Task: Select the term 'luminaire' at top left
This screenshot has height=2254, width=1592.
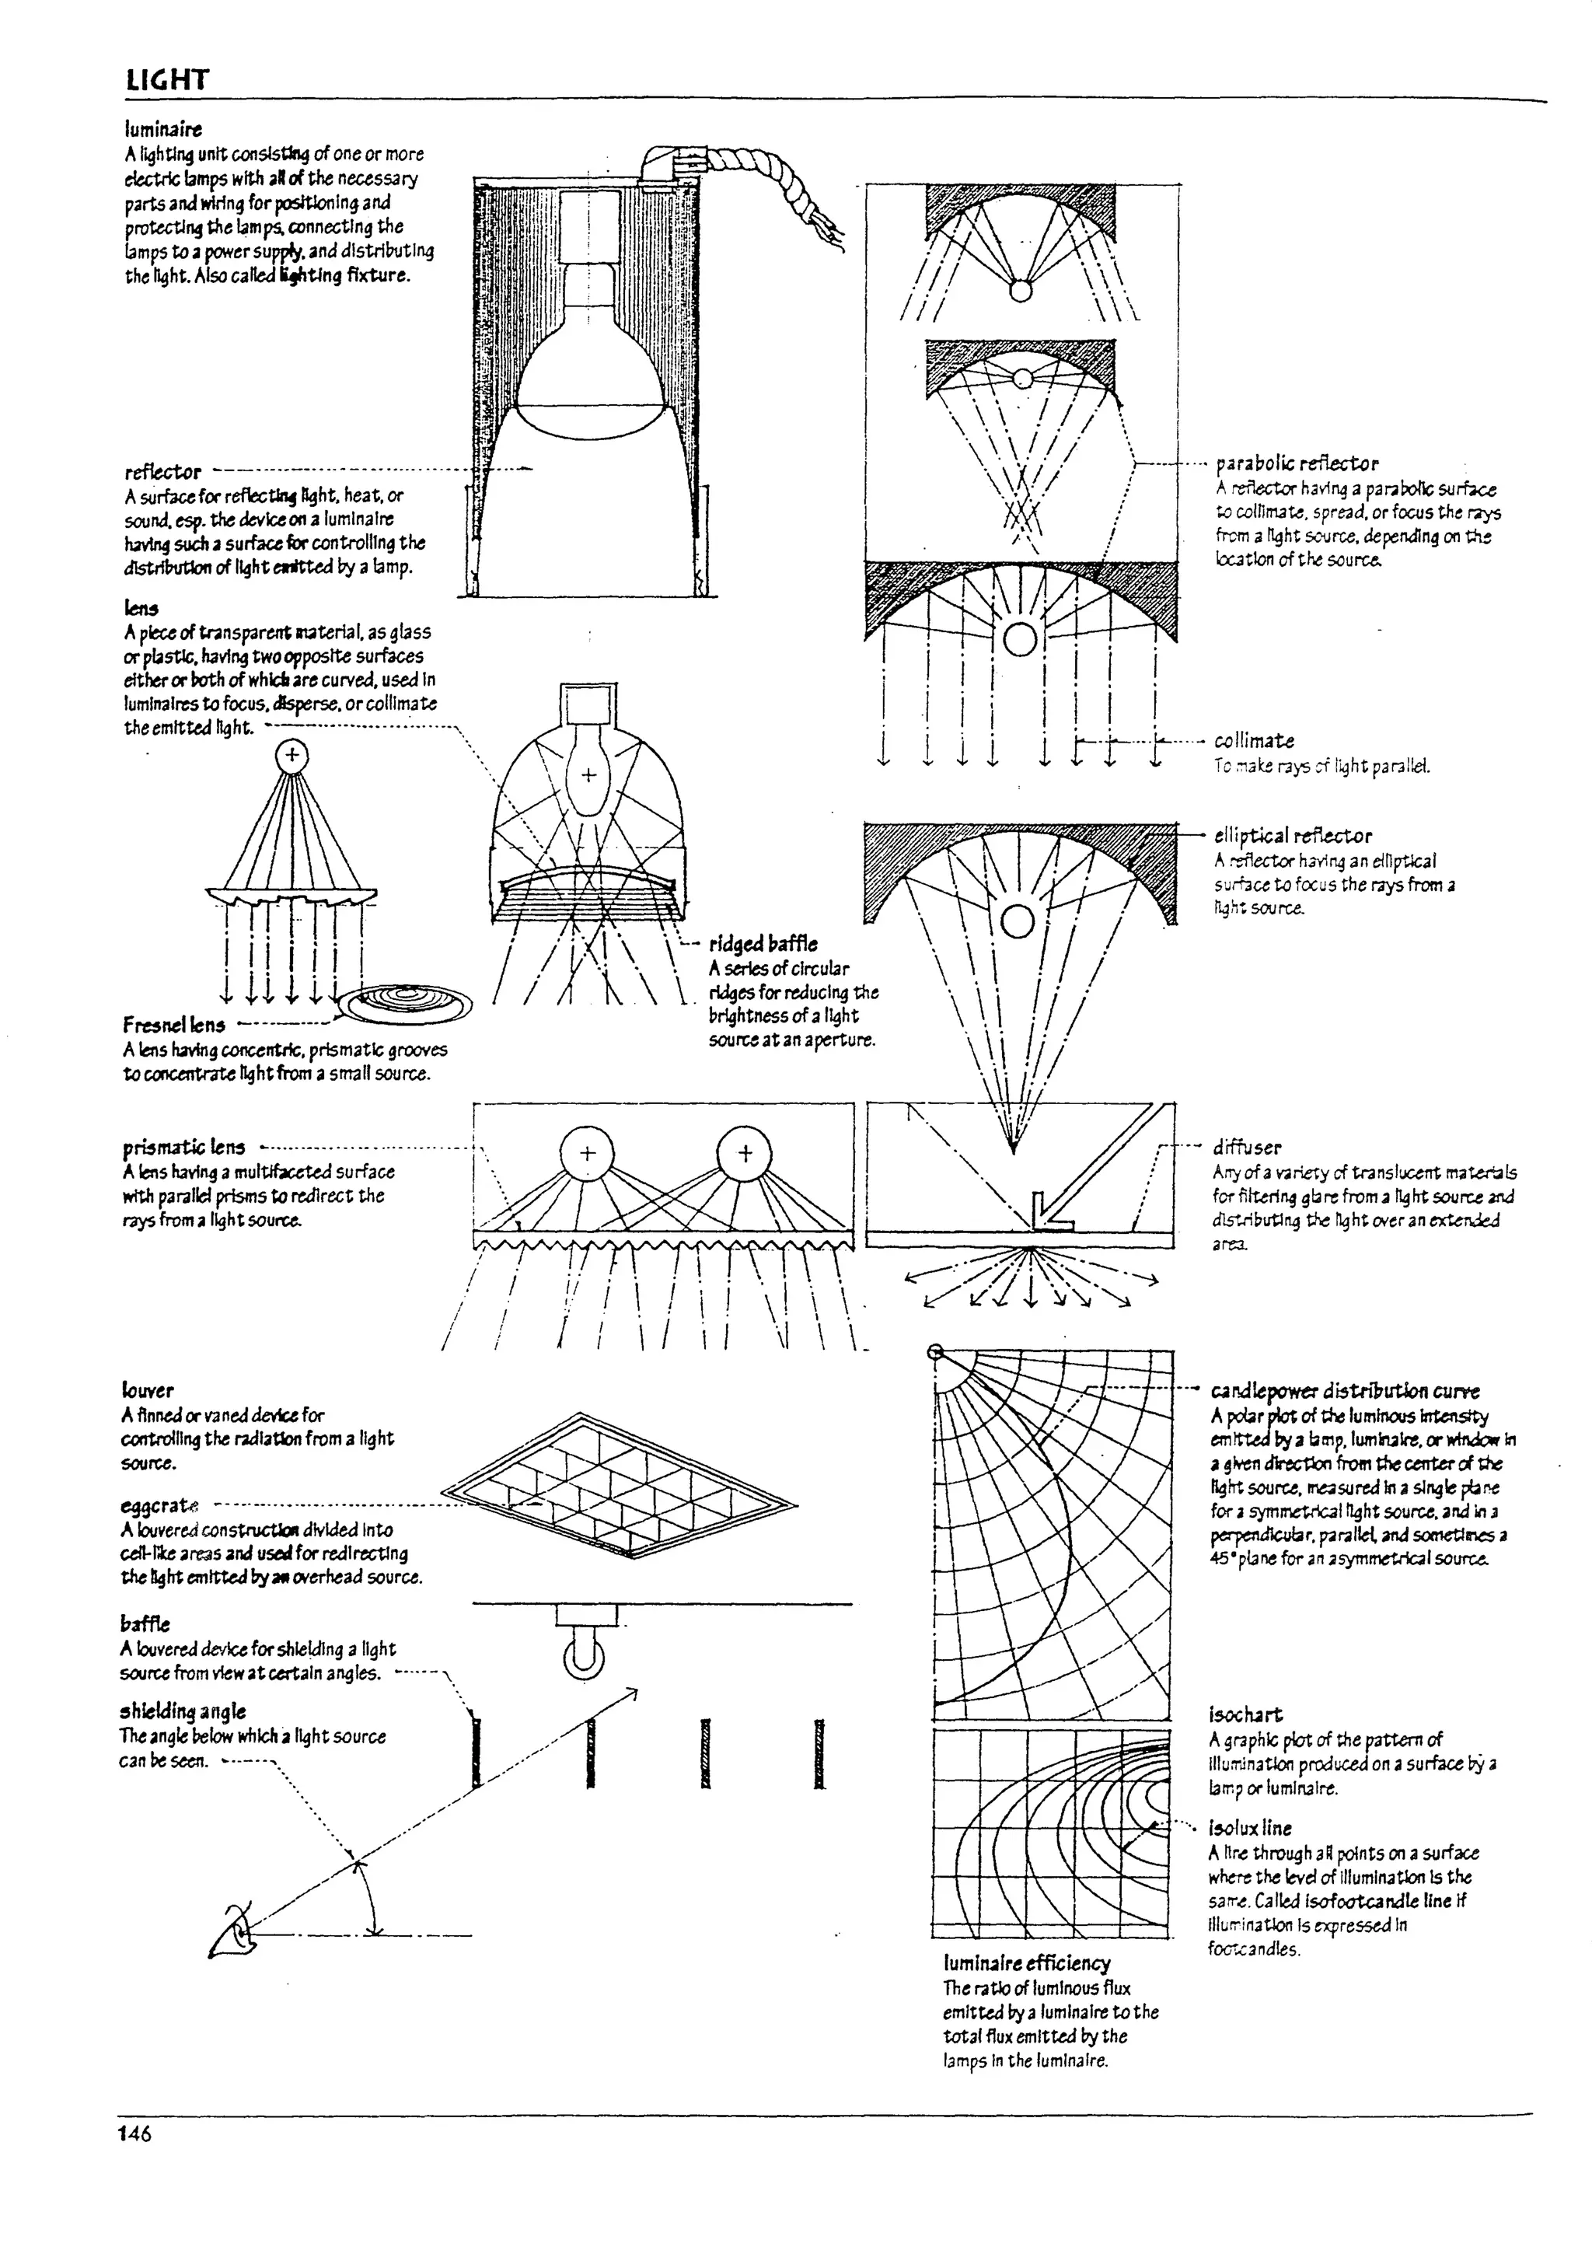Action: pos(163,128)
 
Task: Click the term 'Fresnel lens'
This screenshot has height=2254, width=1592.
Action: pos(173,1025)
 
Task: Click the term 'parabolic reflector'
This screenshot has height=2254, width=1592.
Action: pos(1296,463)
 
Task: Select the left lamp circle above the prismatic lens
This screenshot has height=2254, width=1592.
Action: pos(586,1154)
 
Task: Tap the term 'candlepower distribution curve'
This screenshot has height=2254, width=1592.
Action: pos(1344,1390)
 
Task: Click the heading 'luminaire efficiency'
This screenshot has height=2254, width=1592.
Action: pos(1025,1962)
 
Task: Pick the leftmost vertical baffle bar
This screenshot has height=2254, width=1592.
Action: pos(477,1753)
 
